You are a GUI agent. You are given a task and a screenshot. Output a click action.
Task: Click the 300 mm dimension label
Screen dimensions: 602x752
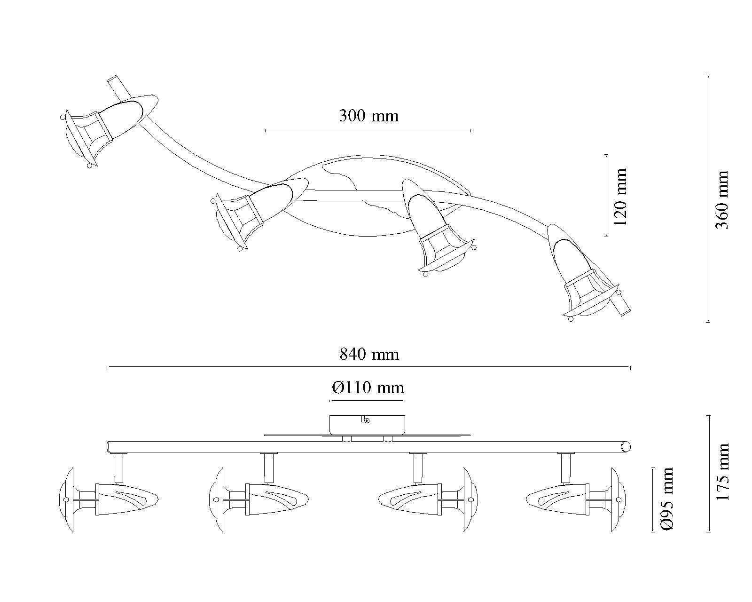(x=368, y=116)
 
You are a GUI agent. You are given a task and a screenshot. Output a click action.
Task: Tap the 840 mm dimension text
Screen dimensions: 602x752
(x=369, y=354)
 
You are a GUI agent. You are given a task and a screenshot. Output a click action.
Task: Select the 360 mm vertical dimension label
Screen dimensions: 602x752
(x=721, y=200)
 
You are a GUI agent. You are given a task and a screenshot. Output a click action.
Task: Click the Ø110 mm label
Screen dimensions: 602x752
(x=368, y=388)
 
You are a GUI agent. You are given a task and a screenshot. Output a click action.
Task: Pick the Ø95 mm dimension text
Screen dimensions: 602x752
(x=666, y=499)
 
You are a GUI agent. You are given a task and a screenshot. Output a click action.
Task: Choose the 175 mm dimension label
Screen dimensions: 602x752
(x=721, y=472)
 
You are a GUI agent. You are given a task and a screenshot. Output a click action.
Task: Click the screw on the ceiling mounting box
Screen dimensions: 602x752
(x=367, y=421)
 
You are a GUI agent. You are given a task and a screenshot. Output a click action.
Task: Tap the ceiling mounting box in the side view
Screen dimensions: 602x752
(x=367, y=424)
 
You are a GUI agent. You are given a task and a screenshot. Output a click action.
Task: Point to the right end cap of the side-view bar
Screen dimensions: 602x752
(x=626, y=446)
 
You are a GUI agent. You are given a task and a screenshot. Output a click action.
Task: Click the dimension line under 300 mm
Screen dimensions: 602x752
(x=368, y=130)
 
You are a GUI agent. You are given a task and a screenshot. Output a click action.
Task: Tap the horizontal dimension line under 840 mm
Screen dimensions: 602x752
(x=368, y=367)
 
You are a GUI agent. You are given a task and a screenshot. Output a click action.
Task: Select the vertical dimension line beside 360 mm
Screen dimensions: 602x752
(x=708, y=198)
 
